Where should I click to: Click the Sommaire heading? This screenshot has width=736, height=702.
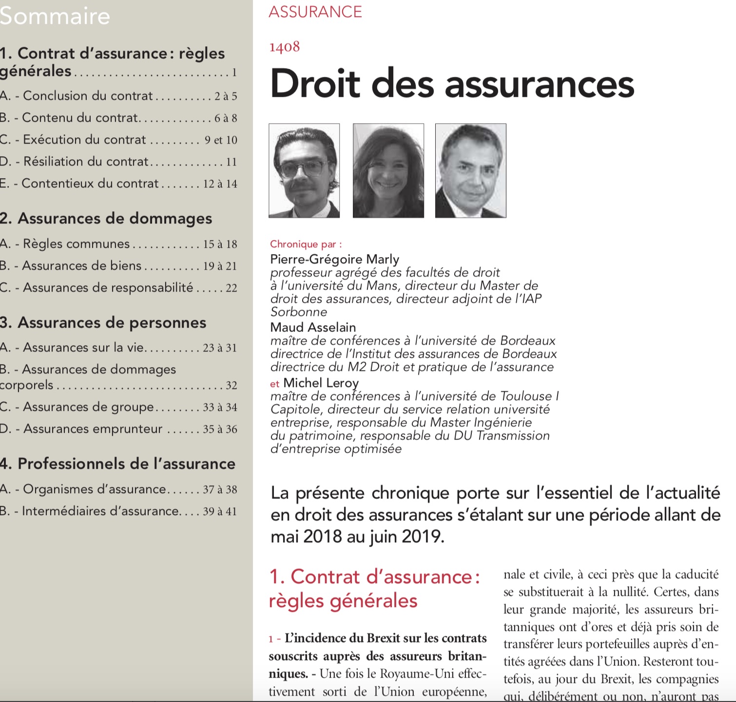click(x=55, y=16)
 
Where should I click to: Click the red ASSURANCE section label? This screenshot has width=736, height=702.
click(x=315, y=12)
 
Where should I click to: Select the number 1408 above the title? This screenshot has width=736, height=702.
click(x=284, y=47)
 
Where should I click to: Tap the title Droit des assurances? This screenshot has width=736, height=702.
click(x=452, y=84)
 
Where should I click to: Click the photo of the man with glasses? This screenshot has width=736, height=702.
click(x=304, y=170)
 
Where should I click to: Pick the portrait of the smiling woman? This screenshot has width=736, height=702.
click(x=388, y=170)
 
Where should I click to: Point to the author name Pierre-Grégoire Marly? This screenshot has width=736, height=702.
click(x=334, y=259)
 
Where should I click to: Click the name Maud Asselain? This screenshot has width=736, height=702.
click(x=313, y=327)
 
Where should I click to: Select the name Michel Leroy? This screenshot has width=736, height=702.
click(x=321, y=383)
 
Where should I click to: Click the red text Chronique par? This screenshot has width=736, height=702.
click(x=306, y=244)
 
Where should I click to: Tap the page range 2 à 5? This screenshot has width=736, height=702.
click(x=226, y=96)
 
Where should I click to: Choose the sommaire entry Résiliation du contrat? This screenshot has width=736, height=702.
click(x=86, y=161)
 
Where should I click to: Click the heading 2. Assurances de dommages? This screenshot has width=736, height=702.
click(x=106, y=219)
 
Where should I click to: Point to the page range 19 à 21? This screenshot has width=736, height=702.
click(x=220, y=266)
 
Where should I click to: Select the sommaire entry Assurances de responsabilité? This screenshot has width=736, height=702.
click(x=108, y=287)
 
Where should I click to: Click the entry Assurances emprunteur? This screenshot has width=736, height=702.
click(x=93, y=428)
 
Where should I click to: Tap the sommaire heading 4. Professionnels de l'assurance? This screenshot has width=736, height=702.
click(x=117, y=463)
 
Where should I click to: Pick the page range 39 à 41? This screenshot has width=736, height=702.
click(x=220, y=511)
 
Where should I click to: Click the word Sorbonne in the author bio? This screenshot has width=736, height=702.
click(x=299, y=312)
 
